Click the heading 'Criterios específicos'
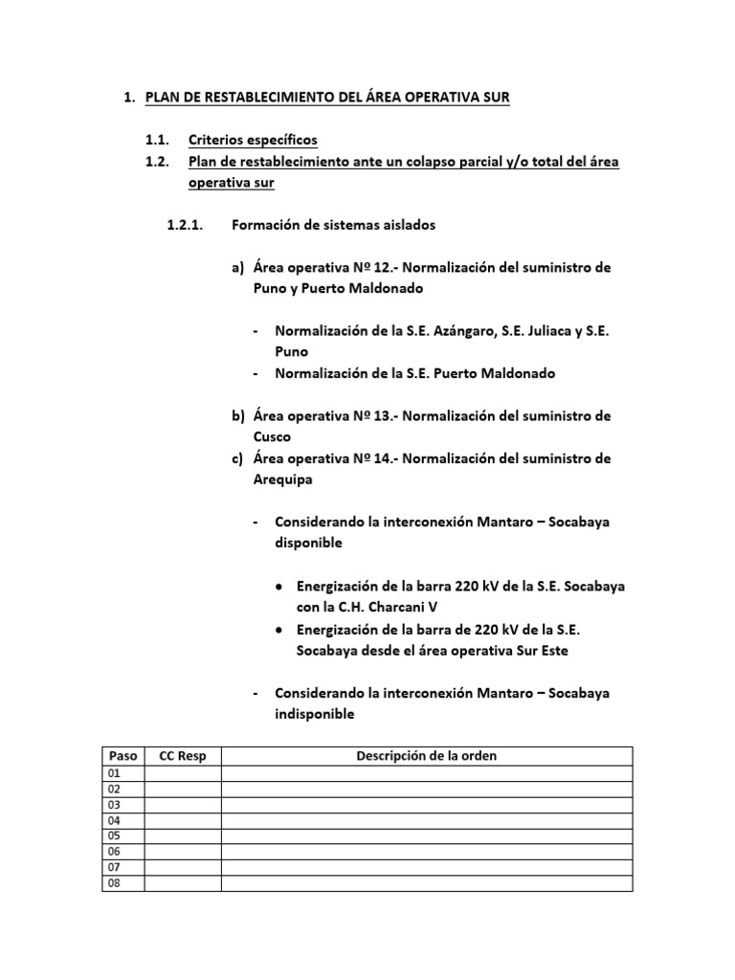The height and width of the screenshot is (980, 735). [x=253, y=141]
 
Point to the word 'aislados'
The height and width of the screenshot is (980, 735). [x=409, y=225]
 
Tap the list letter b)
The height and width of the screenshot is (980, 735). [x=238, y=416]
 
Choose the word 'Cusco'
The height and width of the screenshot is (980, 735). [x=274, y=436]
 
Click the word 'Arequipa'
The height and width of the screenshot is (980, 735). [x=283, y=479]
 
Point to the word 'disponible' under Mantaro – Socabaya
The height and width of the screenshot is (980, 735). [x=308, y=542]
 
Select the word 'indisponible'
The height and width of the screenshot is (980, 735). [x=314, y=713]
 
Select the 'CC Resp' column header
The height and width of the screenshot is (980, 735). [x=182, y=756]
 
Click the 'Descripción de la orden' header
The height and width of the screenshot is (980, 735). [x=427, y=756]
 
